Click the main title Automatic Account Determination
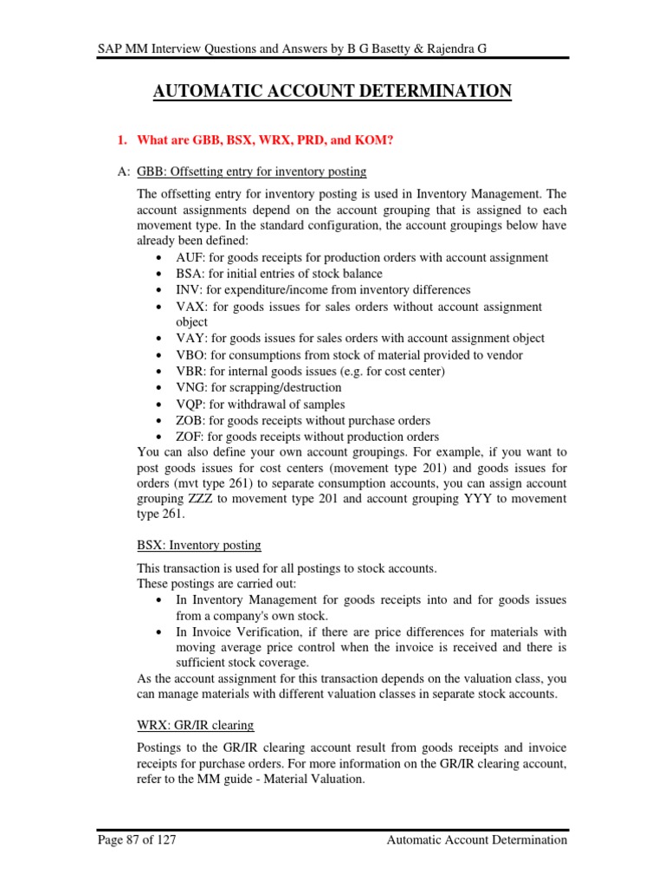pyautogui.click(x=332, y=91)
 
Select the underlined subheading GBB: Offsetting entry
pyautogui.click(x=252, y=172)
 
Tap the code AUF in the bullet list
pyautogui.click(x=189, y=257)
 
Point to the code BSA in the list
pyautogui.click(x=188, y=274)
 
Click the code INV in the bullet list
pyautogui.click(x=188, y=289)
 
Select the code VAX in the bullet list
pyautogui.click(x=189, y=307)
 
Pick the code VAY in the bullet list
pyautogui.click(x=189, y=339)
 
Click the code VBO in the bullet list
pyautogui.click(x=189, y=355)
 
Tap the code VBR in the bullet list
pyautogui.click(x=189, y=372)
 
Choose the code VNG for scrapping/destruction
pyautogui.click(x=189, y=387)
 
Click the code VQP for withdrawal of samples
pyautogui.click(x=189, y=404)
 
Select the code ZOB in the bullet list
pyautogui.click(x=189, y=420)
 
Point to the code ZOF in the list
pyautogui.click(x=189, y=437)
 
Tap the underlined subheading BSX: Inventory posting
pyautogui.click(x=199, y=545)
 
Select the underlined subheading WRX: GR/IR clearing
pyautogui.click(x=196, y=724)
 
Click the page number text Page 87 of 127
pyautogui.click(x=132, y=839)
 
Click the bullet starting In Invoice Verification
pyautogui.click(x=371, y=631)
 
